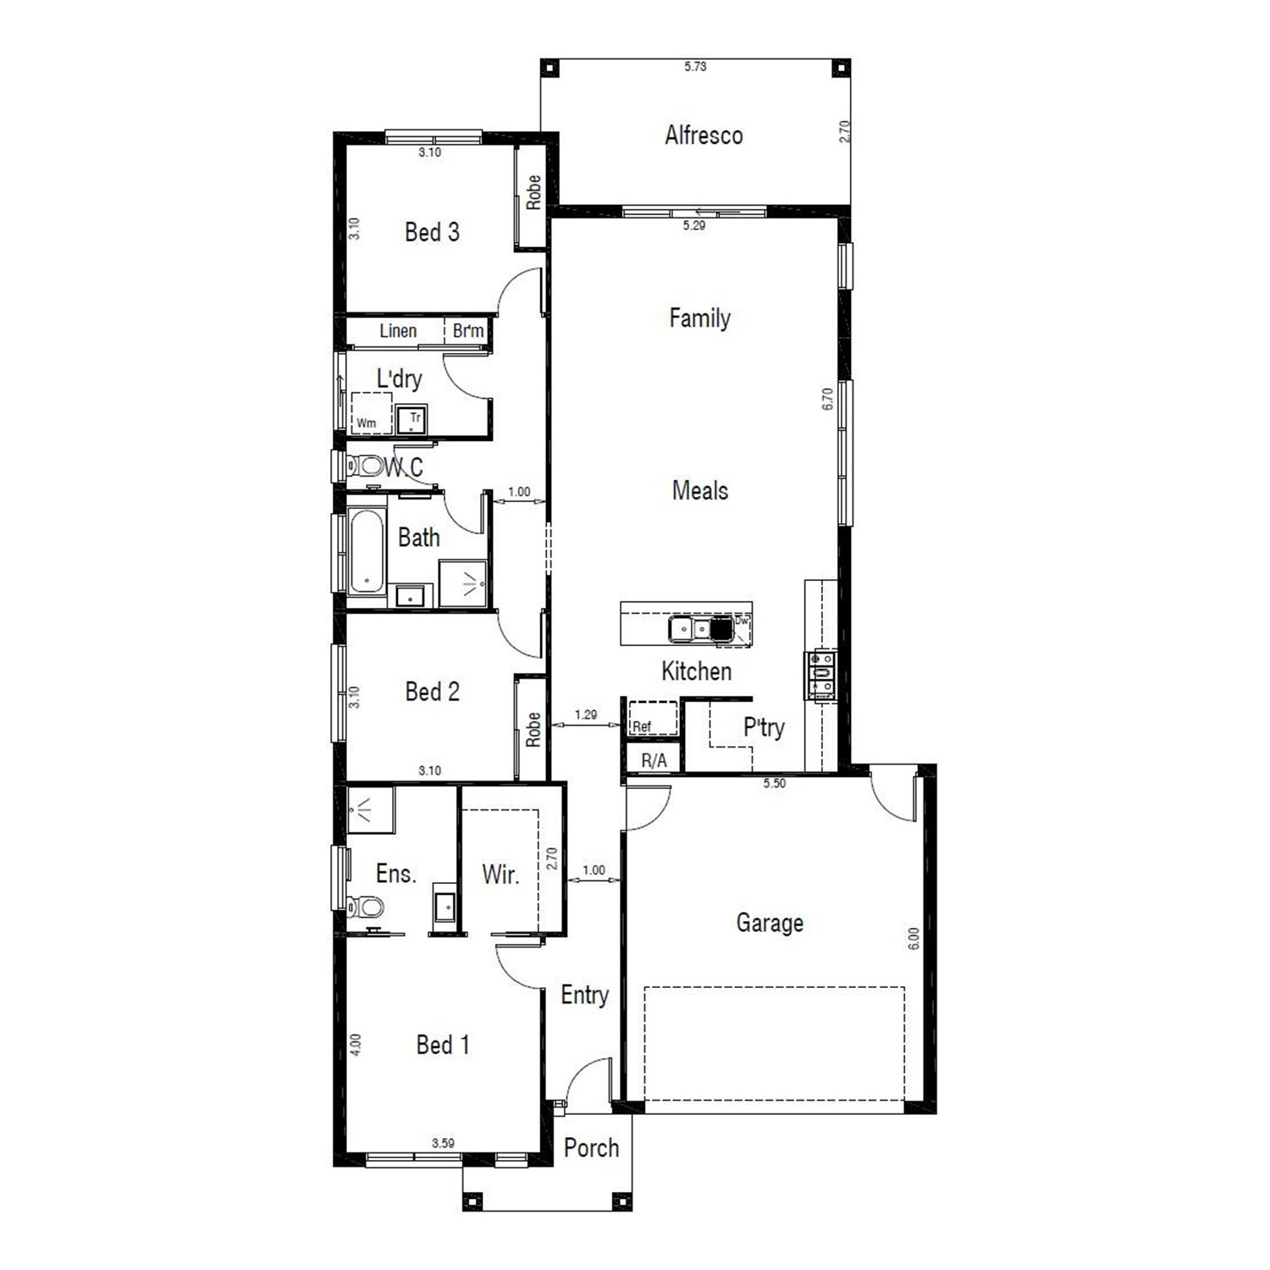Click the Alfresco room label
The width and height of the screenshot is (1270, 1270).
[x=704, y=135]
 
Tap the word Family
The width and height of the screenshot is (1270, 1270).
[x=699, y=318]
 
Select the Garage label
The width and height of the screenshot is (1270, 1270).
[x=770, y=923]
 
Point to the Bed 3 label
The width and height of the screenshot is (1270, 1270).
[x=432, y=232]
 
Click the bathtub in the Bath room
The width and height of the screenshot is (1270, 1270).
[x=367, y=550]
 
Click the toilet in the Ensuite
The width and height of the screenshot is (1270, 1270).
[x=365, y=908]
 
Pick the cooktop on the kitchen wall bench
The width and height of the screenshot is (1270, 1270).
[x=820, y=675]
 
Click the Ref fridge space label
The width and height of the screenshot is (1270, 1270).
[x=642, y=726]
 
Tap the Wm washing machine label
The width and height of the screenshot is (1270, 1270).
[x=366, y=422]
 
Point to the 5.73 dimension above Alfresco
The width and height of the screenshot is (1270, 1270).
[x=695, y=66]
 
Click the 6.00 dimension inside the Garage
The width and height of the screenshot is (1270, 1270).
[x=914, y=938]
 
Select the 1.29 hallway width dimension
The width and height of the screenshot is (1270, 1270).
[x=586, y=715]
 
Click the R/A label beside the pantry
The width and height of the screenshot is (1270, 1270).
[x=654, y=761]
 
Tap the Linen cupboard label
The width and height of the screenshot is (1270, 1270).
[x=398, y=331]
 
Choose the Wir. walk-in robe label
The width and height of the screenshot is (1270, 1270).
[x=500, y=875]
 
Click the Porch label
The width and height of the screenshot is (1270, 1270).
[x=591, y=1148]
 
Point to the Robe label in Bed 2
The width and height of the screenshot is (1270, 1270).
[x=533, y=730]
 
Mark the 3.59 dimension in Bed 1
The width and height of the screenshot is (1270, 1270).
[x=443, y=1143]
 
